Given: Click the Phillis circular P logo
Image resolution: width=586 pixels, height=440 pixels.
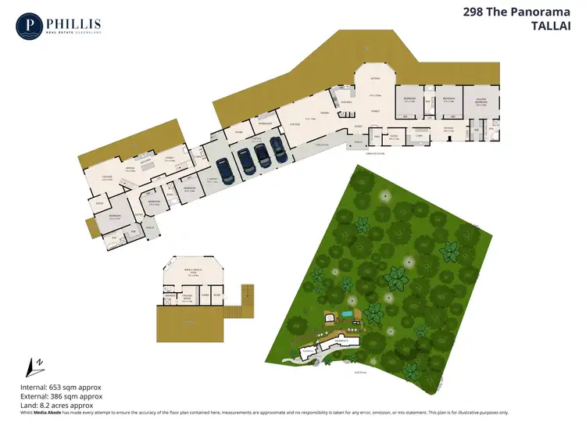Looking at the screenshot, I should click(x=30, y=25).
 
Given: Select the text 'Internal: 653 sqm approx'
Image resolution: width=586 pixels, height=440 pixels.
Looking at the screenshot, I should click(x=61, y=387).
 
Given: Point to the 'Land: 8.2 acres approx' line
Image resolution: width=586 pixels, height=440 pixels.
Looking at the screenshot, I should click(x=56, y=406).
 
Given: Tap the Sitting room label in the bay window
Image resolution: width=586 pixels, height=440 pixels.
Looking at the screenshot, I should click(x=375, y=79).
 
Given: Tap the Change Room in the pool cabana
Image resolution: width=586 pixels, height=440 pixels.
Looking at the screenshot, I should click(x=188, y=298).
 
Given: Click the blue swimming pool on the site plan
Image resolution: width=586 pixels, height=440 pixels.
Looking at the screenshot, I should click(x=346, y=315).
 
